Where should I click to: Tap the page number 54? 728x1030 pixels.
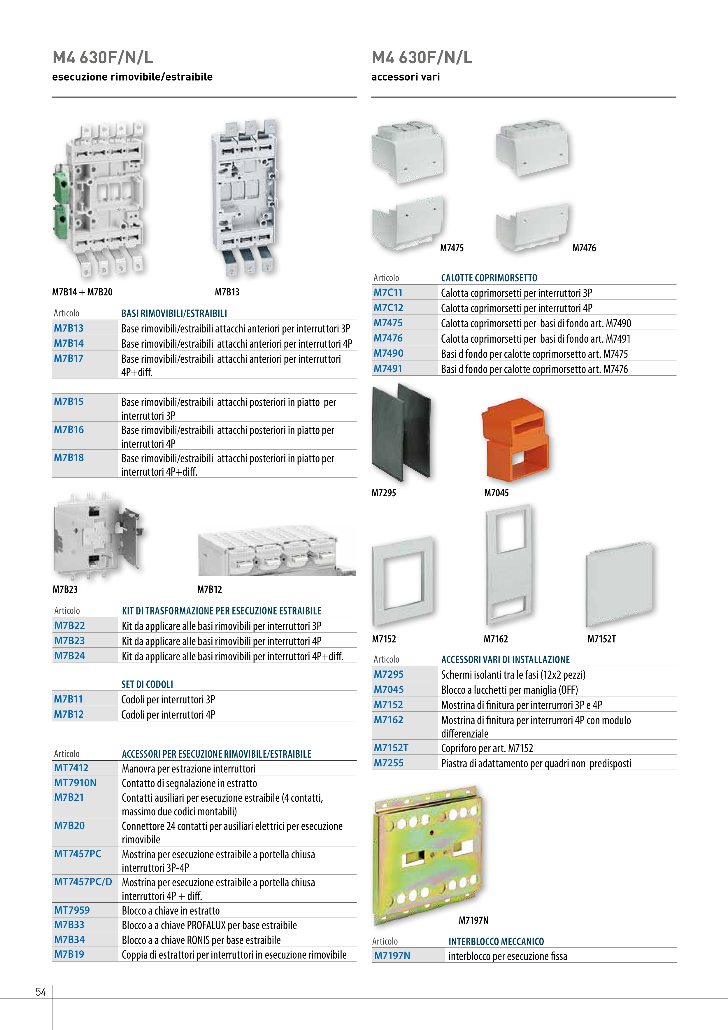tap(41, 992)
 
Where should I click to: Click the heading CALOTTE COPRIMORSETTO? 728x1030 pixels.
tap(489, 278)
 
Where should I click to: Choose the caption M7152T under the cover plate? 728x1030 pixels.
tap(601, 639)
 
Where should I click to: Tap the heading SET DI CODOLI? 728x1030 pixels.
tap(147, 684)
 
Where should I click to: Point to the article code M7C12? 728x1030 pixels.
tap(388, 308)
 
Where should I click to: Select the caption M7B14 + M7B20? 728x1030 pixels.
tap(82, 292)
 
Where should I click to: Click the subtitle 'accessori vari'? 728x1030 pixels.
tap(406, 77)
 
